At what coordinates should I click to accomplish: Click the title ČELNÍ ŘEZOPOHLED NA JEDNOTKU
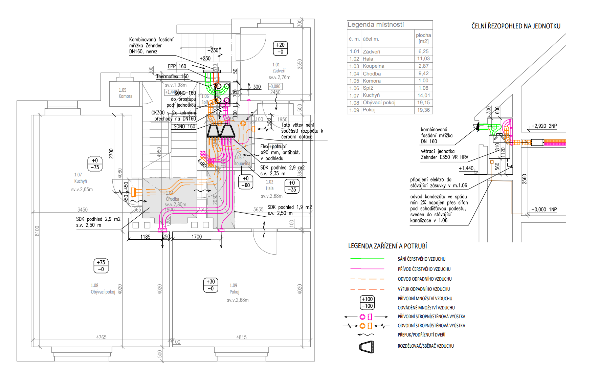coord(516,26)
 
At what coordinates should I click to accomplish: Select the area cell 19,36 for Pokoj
coord(423,110)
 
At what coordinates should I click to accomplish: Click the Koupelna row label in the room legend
coord(373,66)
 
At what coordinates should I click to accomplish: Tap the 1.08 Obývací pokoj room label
coord(103,289)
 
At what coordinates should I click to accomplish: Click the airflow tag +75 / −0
coord(101,266)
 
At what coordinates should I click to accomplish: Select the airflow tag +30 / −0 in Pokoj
coord(210,285)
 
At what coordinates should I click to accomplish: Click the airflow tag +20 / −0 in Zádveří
coord(280,48)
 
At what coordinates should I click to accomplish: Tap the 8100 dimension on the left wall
coord(37,231)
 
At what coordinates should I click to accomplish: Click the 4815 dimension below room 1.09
coord(241,337)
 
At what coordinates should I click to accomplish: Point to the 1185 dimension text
coord(145,237)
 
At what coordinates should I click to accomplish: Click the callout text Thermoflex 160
coord(172,77)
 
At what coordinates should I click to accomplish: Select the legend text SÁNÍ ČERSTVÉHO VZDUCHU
coord(421,259)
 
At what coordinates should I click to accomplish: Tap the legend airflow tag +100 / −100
coord(367,302)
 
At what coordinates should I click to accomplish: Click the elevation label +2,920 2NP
coord(544,126)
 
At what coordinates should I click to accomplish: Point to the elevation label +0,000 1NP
coord(544,210)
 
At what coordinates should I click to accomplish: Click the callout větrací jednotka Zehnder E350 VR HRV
coord(444,154)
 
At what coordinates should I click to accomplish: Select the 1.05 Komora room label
coord(125,93)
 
